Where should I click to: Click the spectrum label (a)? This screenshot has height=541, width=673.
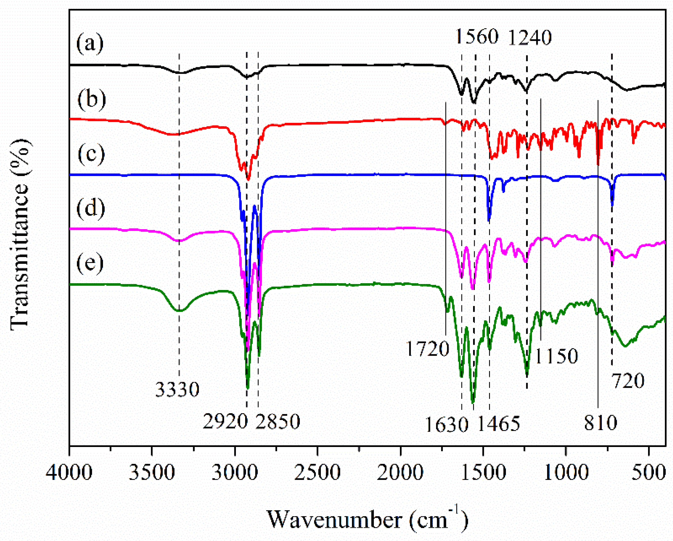click(x=90, y=44)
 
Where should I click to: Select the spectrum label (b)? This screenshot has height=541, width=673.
click(x=91, y=100)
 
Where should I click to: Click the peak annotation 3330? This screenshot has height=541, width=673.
click(x=177, y=390)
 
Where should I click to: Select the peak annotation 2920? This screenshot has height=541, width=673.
click(x=225, y=421)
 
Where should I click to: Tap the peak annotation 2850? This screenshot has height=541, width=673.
click(x=278, y=421)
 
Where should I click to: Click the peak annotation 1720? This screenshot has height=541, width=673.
click(x=427, y=349)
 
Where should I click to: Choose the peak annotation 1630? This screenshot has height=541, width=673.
click(x=447, y=424)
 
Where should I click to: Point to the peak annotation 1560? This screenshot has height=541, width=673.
click(x=477, y=37)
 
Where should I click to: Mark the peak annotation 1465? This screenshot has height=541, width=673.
click(x=499, y=423)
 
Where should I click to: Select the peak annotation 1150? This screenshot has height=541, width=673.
click(x=556, y=356)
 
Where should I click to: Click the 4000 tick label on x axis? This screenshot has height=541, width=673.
click(x=69, y=473)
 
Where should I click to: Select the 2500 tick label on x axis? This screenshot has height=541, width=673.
click(x=317, y=473)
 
